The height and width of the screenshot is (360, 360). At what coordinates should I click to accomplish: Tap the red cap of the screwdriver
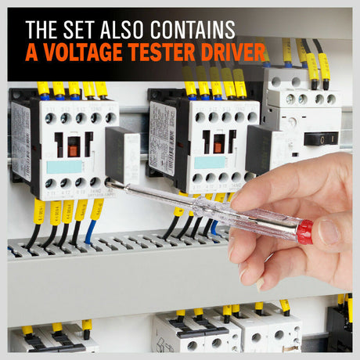304,231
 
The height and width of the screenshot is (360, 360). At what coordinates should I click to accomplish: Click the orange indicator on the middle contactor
214,146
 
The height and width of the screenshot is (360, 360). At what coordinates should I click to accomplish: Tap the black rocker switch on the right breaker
321,139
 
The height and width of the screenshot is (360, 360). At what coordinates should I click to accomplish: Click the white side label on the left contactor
20,130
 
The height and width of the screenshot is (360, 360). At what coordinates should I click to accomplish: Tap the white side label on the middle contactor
161,129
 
